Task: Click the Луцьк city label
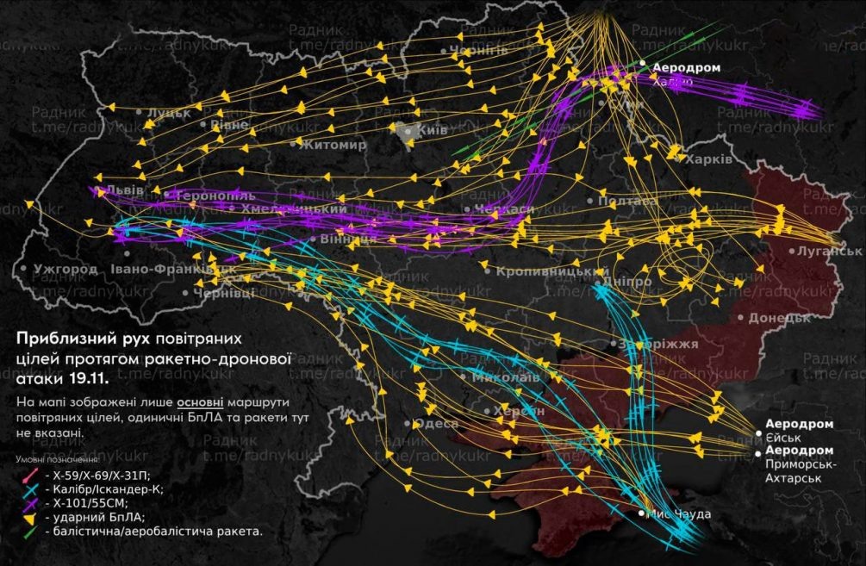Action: (169, 113)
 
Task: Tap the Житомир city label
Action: (333, 145)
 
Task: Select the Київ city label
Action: (430, 131)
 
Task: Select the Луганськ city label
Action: (835, 250)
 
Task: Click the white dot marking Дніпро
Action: (598, 282)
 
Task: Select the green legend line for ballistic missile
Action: (28, 532)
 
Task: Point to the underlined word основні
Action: (201, 402)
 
